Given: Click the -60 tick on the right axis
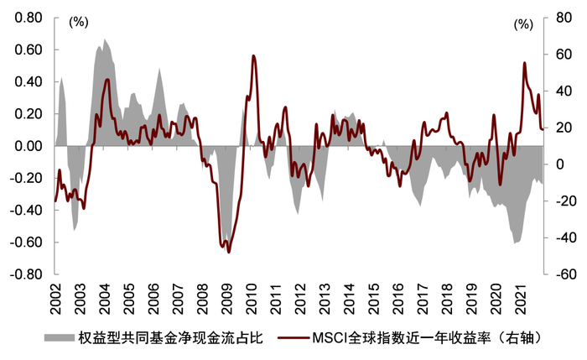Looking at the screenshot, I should [x=562, y=274].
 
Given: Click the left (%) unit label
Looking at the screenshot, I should [x=79, y=23].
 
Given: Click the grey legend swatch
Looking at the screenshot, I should [x=58, y=338].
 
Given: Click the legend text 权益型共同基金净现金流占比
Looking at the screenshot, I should [x=171, y=338].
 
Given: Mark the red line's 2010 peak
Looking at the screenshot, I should [x=253, y=56].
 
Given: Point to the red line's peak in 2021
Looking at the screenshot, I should [x=524, y=62].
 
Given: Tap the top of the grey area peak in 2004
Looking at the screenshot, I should [x=105, y=39].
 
